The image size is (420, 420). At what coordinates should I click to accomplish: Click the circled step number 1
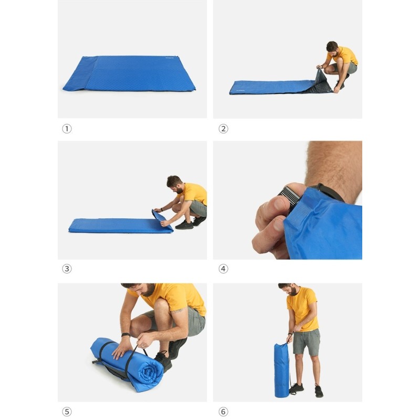coord(67,129)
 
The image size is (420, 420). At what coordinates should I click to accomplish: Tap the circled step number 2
coord(224,129)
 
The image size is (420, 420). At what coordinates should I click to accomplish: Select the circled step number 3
coord(67,269)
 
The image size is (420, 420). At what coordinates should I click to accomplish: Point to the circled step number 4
coord(224,269)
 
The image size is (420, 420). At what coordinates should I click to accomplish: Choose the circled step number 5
coord(67,412)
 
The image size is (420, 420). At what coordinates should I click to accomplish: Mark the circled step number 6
coord(224,412)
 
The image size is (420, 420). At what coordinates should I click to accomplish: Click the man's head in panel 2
coord(332,48)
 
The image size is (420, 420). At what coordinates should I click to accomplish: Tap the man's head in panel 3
coord(174,184)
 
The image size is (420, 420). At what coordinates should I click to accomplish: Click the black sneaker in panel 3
coord(184,225)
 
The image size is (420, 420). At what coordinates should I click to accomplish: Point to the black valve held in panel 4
coord(288,196)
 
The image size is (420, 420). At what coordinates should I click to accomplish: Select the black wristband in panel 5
coord(125,334)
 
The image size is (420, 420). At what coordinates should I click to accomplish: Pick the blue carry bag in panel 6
coord(281,370)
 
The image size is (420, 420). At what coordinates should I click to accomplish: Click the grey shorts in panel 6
coord(307,342)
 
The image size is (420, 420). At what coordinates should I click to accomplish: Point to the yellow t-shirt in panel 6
coord(302,309)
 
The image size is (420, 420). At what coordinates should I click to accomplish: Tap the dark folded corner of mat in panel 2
coord(319,83)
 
